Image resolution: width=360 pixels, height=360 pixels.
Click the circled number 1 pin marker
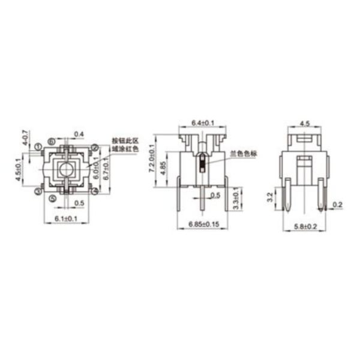[38, 146]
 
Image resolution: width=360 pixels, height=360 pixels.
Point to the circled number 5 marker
[52, 197]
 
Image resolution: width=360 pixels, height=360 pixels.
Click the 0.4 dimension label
[79, 133]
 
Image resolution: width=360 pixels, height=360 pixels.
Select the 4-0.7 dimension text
[25, 138]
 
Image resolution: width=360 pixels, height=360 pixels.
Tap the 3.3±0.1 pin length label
[235, 198]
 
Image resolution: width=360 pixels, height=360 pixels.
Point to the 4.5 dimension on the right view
[303, 123]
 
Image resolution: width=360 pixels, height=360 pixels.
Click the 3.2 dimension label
[271, 196]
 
